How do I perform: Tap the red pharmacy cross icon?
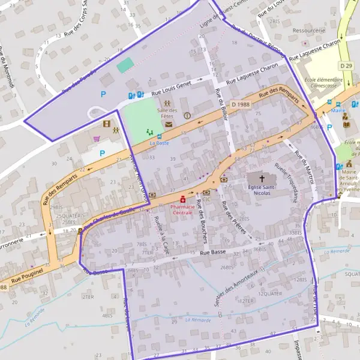[182, 199]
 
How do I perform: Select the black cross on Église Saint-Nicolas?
[262, 179]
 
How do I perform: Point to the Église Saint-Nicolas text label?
[263, 191]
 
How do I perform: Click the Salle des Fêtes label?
[168, 113]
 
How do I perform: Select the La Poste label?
[160, 143]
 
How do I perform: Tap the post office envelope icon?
[169, 124]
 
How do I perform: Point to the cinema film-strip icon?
[107, 124]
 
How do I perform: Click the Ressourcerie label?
[308, 30]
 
